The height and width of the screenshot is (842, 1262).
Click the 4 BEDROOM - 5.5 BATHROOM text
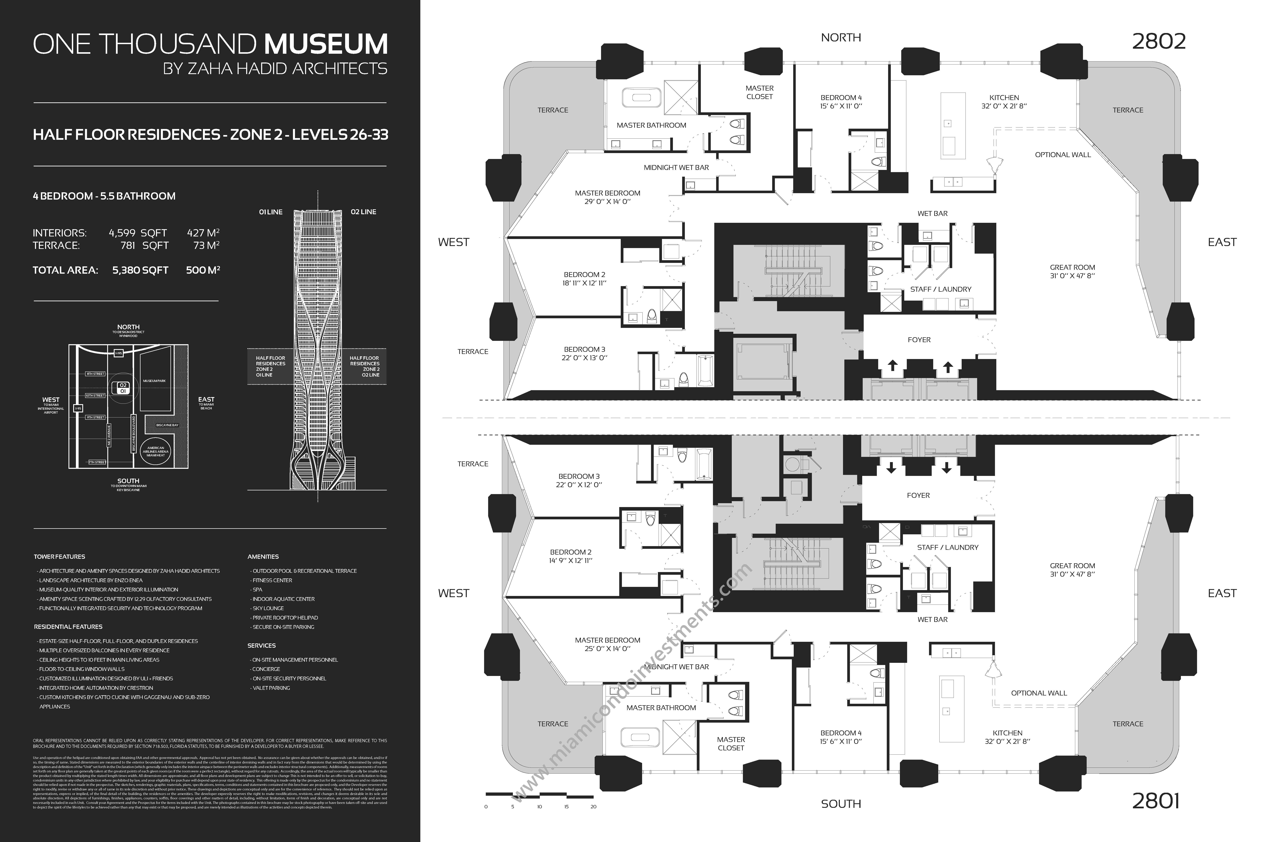click(x=104, y=196)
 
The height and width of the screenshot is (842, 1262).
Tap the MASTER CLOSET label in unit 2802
click(x=759, y=92)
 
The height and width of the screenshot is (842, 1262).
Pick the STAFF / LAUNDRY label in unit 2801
click(x=948, y=547)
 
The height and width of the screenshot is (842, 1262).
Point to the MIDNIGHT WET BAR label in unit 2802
click(x=676, y=168)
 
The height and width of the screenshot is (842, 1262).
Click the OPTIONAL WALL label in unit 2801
click(x=1039, y=693)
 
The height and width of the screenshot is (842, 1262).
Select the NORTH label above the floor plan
click(x=841, y=38)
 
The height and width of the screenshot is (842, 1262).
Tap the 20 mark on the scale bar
click(x=593, y=807)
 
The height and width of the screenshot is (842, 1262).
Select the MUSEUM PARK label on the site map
click(x=154, y=381)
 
